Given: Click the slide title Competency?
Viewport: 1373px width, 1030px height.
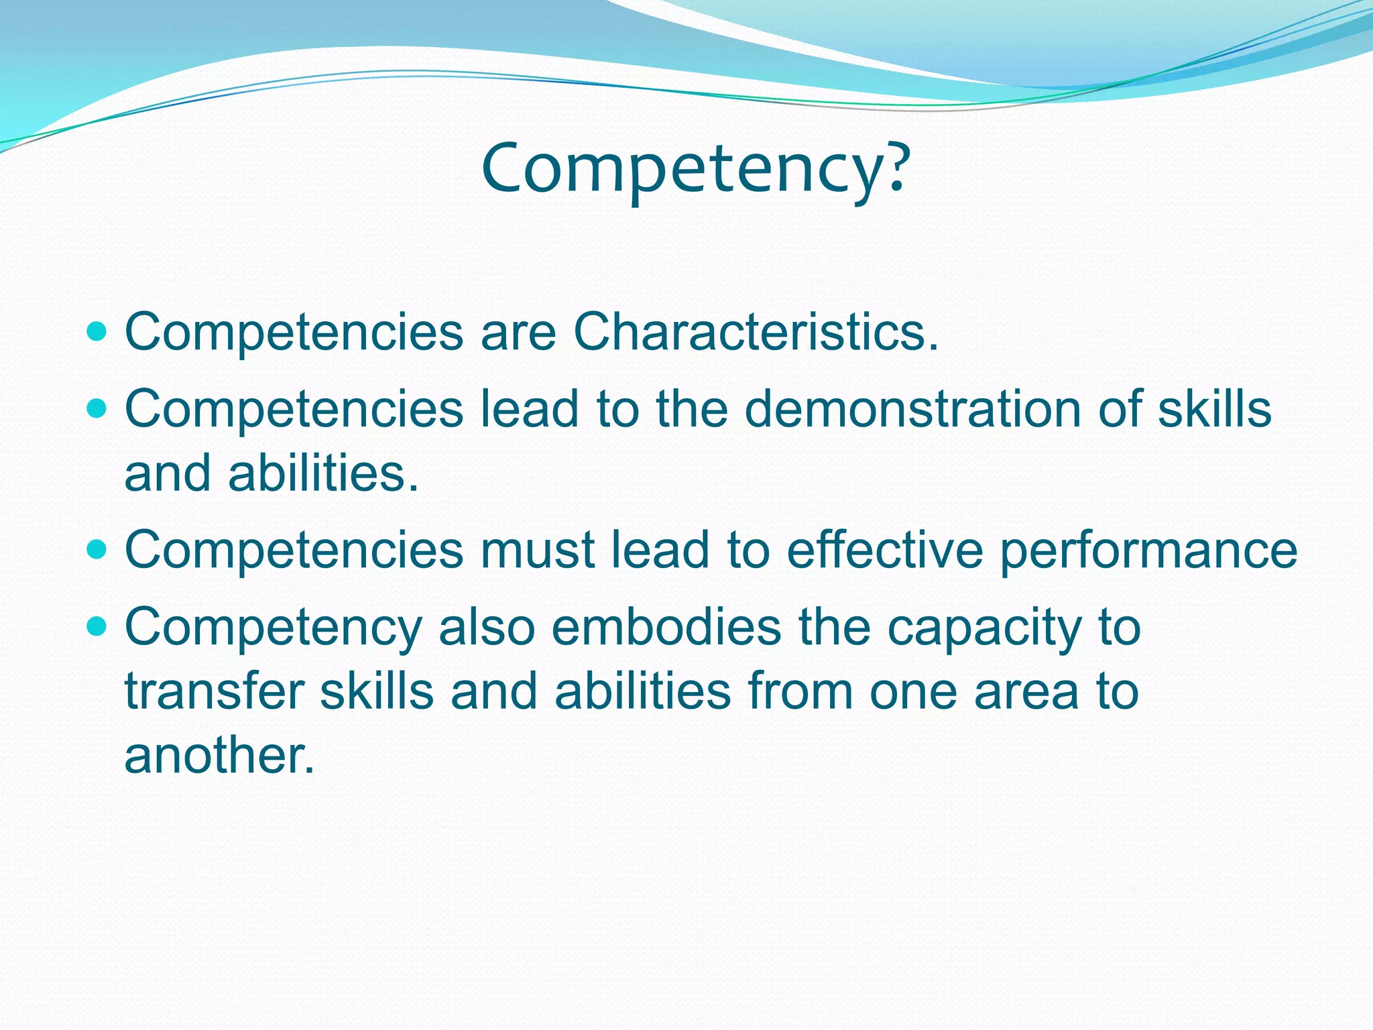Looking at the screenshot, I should point(695,169).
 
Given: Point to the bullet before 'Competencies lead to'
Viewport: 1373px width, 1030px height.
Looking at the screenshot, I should point(98,408).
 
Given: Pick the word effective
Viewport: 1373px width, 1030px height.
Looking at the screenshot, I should point(884,550).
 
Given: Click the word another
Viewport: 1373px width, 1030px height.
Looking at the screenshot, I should point(219,756).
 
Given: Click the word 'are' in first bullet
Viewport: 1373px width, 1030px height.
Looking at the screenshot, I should point(518,333).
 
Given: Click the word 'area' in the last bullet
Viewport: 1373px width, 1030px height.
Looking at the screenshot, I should point(1026,693).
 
